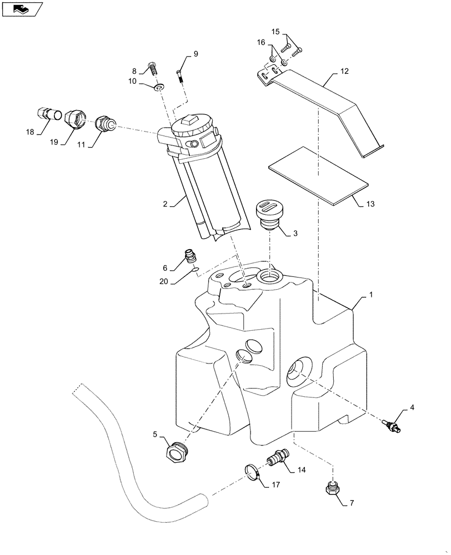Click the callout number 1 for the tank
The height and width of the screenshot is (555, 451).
[x=370, y=297]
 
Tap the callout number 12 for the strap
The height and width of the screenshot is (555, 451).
[x=344, y=72]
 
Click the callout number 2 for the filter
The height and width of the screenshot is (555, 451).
[x=165, y=204]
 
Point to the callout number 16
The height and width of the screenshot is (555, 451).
[x=260, y=42]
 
